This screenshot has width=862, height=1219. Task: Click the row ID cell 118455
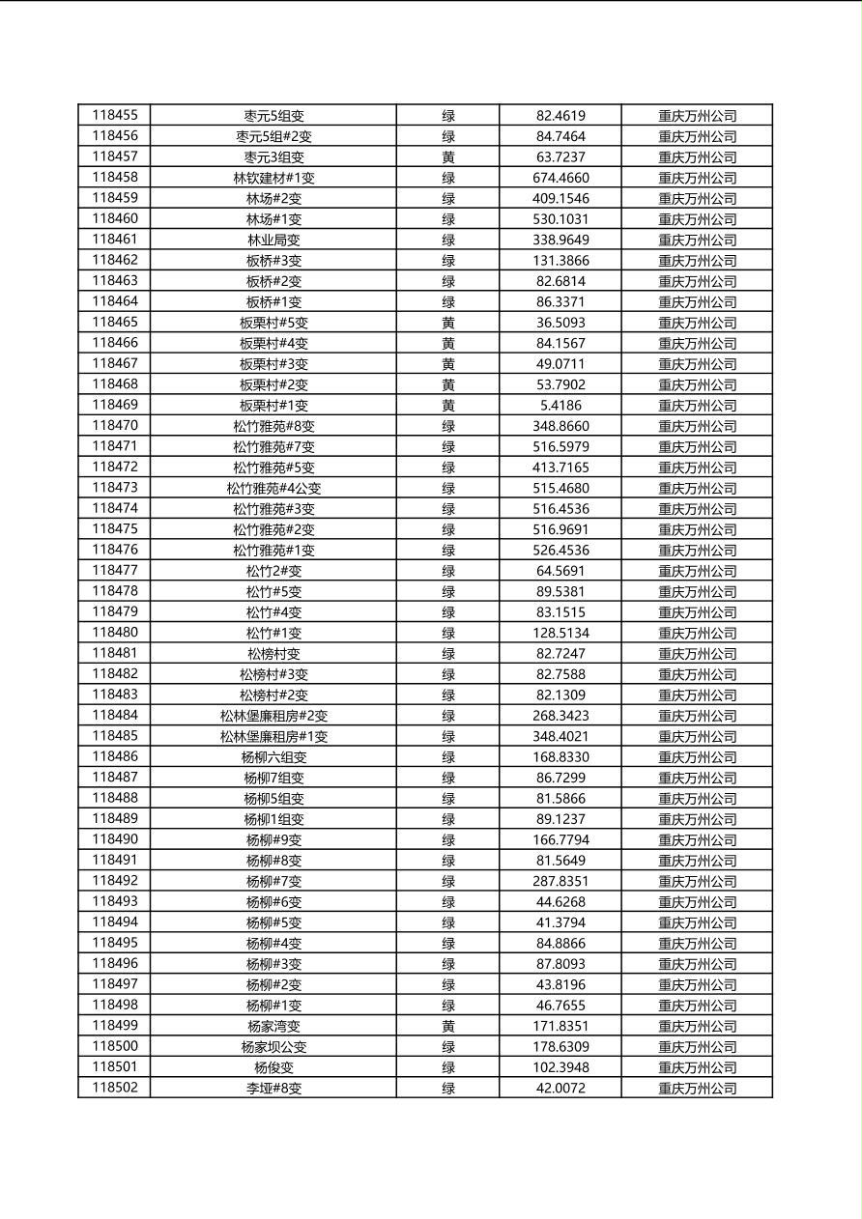(114, 115)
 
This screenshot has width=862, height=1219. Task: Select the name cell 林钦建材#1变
(273, 178)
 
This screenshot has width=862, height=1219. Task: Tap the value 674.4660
(560, 178)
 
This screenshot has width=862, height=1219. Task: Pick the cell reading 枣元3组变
(273, 156)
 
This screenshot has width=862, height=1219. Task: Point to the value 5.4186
(560, 405)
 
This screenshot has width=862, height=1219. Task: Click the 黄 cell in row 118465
(448, 323)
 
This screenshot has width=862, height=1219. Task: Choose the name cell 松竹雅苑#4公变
(273, 488)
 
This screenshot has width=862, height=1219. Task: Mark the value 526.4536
(560, 550)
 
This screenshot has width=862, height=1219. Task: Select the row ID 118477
(114, 570)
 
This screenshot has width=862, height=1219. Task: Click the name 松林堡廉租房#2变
(273, 716)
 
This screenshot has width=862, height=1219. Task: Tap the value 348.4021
(560, 736)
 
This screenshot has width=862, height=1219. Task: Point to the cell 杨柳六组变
(273, 757)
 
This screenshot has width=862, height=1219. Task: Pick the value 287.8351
(560, 881)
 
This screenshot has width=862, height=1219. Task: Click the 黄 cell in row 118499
(448, 1026)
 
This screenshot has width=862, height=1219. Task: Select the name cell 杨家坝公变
(273, 1047)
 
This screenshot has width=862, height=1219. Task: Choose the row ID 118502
(114, 1088)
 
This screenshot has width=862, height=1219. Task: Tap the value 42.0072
(560, 1088)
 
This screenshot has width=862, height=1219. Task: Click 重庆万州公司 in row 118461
(697, 240)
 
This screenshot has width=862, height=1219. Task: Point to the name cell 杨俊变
(273, 1067)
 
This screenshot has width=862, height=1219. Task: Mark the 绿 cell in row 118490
(448, 839)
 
